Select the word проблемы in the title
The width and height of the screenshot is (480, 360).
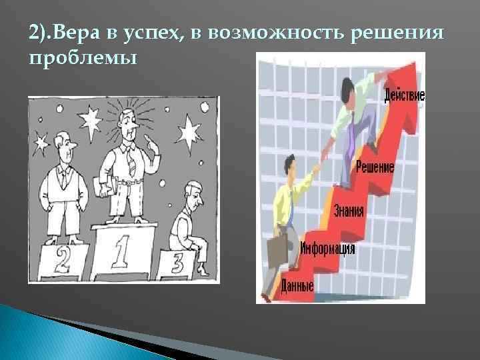point(83,59)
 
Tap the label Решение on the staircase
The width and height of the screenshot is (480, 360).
point(375,166)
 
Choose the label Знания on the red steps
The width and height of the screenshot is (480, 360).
point(349,212)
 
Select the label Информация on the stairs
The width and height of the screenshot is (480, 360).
point(327,249)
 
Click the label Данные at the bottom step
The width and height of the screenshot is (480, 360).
point(297,285)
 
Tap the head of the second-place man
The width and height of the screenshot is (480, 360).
point(63,143)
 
